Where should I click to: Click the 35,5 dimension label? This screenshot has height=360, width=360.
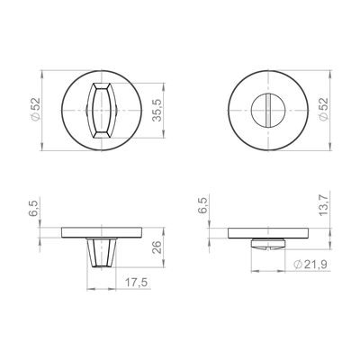[x=157, y=111]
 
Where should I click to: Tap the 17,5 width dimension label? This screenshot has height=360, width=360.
[x=136, y=283]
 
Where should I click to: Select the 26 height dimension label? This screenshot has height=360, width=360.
[x=157, y=247]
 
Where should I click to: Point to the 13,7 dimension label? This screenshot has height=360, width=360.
[x=324, y=204]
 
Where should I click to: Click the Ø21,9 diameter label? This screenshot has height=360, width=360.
[x=310, y=265]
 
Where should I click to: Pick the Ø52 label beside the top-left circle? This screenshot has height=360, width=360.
[x=35, y=110]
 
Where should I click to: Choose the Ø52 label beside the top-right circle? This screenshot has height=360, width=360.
[x=324, y=110]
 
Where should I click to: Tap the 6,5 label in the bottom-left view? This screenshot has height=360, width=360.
[x=35, y=208]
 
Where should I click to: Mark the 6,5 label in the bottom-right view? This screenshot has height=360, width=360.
[x=202, y=205]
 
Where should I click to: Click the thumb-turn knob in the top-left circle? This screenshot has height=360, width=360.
[x=102, y=111]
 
